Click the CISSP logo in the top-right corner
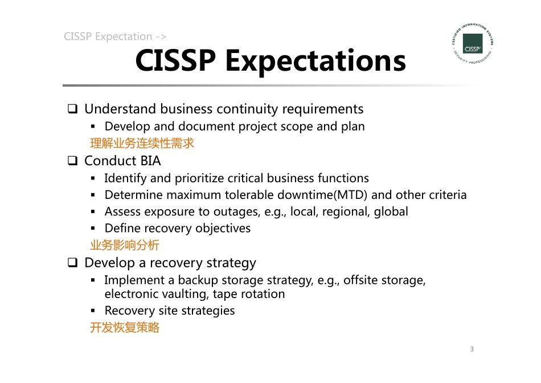pyautogui.click(x=472, y=43)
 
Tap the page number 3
pyautogui.click(x=472, y=349)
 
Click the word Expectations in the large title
pyautogui.click(x=315, y=60)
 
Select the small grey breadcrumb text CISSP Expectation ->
pyautogui.click(x=115, y=36)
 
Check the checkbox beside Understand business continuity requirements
pyautogui.click(x=73, y=109)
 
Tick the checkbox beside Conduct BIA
pyautogui.click(x=73, y=161)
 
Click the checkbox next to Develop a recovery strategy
pyautogui.click(x=73, y=263)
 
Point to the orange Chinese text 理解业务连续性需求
pyautogui.click(x=142, y=143)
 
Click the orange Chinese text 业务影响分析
pyautogui.click(x=125, y=245)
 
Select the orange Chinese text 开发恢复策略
pyautogui.click(x=125, y=327)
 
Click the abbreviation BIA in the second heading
pyautogui.click(x=150, y=161)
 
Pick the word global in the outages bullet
pyautogui.click(x=391, y=211)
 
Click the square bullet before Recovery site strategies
pyautogui.click(x=92, y=311)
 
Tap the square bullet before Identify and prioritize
pyautogui.click(x=92, y=179)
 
